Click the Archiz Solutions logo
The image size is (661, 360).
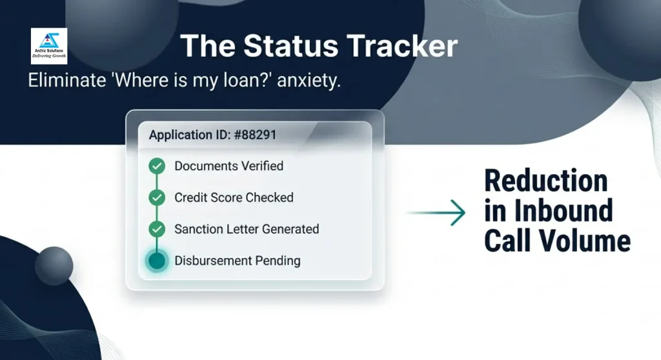coord(49,46)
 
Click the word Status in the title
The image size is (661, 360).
coord(291,46)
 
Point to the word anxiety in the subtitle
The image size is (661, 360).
coord(309,80)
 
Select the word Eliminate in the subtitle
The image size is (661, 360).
coord(67,80)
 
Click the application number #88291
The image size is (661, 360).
coord(255,135)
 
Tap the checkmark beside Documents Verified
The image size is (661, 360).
coord(157,166)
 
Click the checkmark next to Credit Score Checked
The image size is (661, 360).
coord(157,197)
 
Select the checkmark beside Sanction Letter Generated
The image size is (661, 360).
coord(157,229)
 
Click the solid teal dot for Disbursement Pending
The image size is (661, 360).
coord(157,261)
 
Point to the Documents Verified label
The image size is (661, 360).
coord(229,166)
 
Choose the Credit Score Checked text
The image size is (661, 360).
coord(234,197)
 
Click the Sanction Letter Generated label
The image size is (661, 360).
coord(247,229)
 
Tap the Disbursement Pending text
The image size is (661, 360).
coord(238,261)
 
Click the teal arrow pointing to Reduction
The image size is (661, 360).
coord(436,212)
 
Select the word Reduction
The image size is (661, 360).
coord(546,181)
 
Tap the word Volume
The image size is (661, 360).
coord(584,241)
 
